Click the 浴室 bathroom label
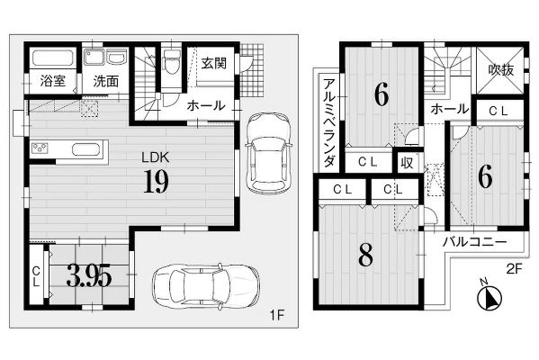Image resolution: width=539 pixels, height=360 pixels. point(52,81)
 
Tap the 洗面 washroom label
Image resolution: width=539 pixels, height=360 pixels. point(106,82)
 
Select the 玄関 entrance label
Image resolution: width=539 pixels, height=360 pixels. point(214,63)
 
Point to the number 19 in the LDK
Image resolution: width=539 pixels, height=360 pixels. point(156,181)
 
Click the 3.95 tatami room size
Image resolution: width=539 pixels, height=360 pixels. point(89,275)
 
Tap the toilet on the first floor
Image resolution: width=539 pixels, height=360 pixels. point(172,61)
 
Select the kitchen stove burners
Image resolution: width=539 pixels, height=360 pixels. point(40,148)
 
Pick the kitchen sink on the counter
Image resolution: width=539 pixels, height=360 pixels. point(86,150)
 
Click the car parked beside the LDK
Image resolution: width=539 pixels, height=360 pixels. point(268,153)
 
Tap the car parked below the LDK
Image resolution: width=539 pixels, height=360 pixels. point(205,285)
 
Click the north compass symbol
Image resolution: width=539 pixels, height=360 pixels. point(490,297)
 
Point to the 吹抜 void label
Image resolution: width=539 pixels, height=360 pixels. point(501,70)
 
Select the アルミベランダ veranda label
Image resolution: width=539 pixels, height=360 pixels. point(329,123)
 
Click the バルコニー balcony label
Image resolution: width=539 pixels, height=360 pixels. point(474,242)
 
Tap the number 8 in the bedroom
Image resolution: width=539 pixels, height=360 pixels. point(365,255)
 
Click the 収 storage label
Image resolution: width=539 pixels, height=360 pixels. point(407,163)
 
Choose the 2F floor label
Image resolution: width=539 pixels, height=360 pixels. point(514,269)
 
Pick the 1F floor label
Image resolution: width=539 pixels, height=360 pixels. point(277,315)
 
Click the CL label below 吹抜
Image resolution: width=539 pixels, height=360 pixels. point(499,111)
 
